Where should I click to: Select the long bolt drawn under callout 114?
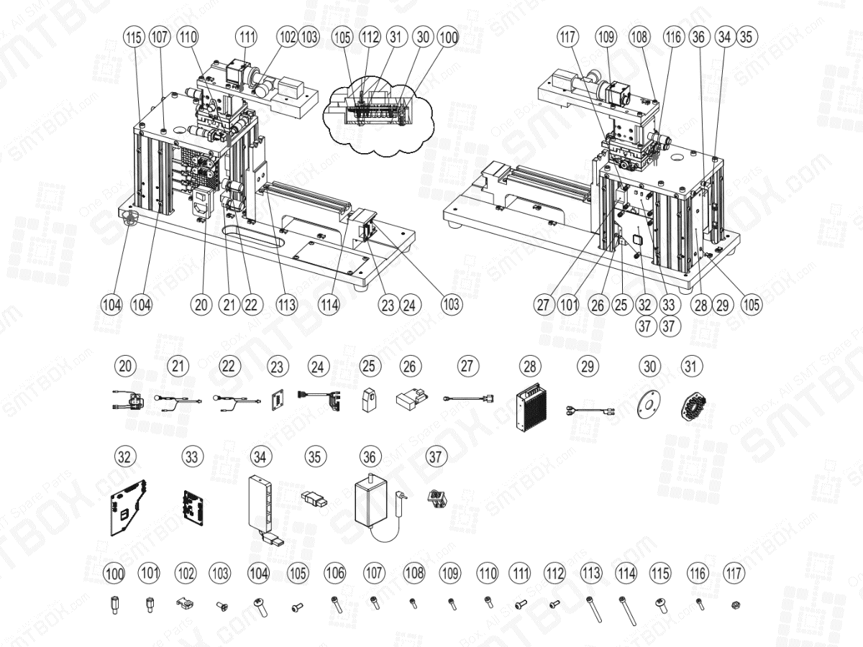(x=626, y=611)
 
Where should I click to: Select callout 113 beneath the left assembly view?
(x=287, y=304)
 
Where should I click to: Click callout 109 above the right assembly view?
(x=607, y=35)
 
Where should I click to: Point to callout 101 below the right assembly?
(x=570, y=304)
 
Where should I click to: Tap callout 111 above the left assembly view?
(x=247, y=36)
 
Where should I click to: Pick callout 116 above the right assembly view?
(x=673, y=35)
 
